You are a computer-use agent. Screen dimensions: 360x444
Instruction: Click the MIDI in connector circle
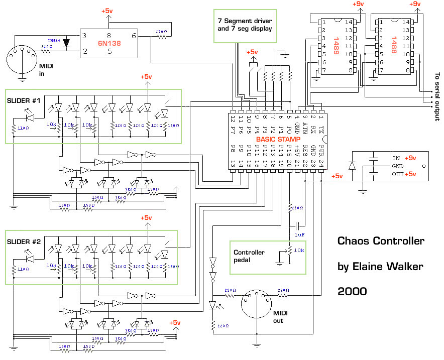22,51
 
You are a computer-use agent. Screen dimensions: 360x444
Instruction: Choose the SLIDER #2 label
24,241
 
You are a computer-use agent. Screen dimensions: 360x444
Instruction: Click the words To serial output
436,97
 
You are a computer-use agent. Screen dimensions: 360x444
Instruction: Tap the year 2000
352,291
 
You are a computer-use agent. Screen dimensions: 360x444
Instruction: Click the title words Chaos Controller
381,241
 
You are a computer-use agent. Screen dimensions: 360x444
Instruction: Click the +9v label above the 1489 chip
358,4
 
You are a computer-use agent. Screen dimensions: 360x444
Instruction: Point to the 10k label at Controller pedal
299,250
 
